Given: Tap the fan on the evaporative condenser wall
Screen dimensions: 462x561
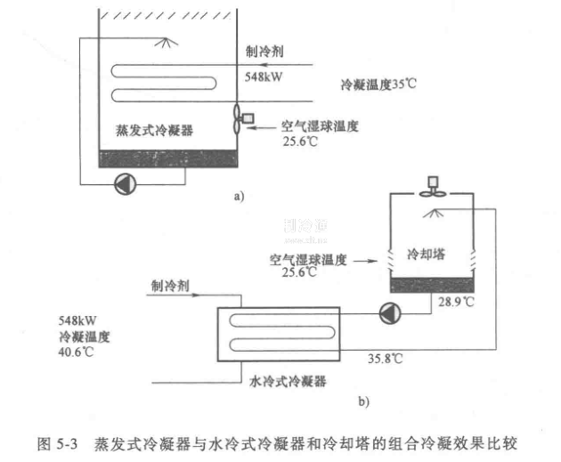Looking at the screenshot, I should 239,118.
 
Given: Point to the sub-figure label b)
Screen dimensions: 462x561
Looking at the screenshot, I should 363,401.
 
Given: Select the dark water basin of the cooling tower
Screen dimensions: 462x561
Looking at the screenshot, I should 433,286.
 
